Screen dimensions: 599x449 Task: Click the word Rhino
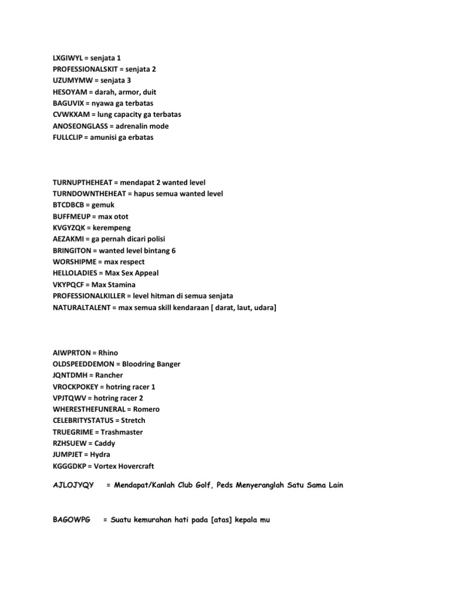click(x=108, y=353)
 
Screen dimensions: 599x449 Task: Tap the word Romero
click(x=147, y=409)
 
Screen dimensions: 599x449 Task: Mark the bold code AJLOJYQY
click(x=73, y=486)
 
